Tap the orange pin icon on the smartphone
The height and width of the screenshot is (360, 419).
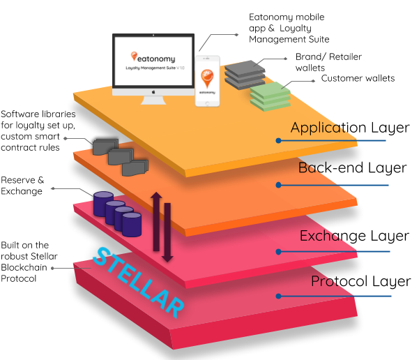pos(207,77)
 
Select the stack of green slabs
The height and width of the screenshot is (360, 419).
pos(271,96)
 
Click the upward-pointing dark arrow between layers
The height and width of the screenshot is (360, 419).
pos(156,220)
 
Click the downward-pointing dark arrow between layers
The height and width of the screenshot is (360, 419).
pos(167,233)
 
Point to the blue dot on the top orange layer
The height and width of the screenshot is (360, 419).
pos(278,140)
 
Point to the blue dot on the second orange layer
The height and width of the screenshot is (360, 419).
pos(278,185)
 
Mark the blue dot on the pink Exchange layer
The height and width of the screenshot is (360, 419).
pos(278,251)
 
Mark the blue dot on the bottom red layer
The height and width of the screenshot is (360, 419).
pos(278,296)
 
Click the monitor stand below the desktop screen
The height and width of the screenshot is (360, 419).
pos(153,100)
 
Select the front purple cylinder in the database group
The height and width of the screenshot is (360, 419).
pos(132,225)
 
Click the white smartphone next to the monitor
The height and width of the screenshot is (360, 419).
pos(207,80)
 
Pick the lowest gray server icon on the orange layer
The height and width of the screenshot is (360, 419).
pos(135,168)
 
